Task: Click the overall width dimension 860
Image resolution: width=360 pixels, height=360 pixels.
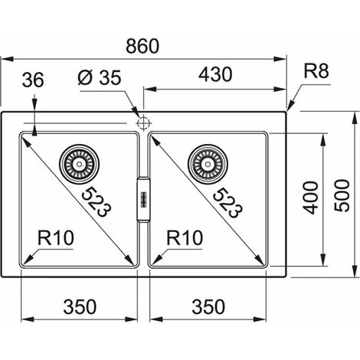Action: [142, 46]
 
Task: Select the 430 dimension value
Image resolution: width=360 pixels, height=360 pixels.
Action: [215, 74]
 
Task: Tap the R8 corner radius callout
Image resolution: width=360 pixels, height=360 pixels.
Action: [316, 70]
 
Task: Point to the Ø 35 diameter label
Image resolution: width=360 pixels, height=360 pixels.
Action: [100, 77]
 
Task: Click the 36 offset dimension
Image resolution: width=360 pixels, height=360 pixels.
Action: [33, 80]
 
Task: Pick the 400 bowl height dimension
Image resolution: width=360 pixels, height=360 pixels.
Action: [311, 198]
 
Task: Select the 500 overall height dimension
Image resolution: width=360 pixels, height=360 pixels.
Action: [342, 195]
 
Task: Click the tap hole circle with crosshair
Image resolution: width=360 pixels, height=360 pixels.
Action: [143, 123]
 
